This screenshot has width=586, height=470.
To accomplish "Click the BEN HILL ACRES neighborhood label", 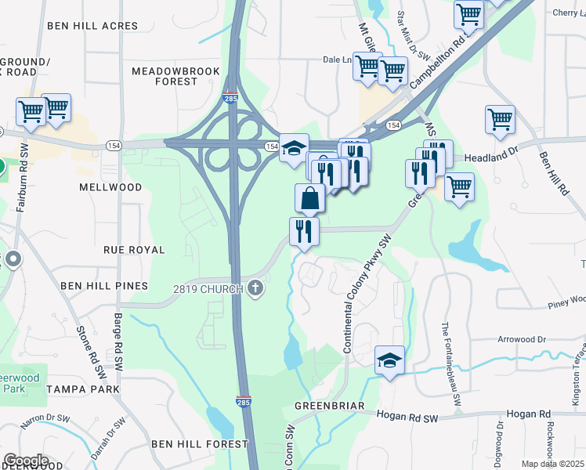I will click(x=92, y=26).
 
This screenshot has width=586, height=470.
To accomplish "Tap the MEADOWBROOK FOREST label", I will click(x=175, y=76).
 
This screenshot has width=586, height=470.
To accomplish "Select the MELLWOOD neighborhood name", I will click(x=110, y=188).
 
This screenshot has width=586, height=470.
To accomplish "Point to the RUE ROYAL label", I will click(x=134, y=250).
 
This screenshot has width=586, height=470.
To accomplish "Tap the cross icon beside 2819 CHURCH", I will click(x=254, y=289).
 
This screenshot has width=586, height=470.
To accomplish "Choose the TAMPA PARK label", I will click(x=82, y=389).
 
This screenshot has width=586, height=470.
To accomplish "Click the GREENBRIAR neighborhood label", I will click(x=330, y=407).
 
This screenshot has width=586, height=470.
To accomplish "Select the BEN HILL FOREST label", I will click(x=200, y=444).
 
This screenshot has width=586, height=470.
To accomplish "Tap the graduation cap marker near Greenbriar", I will click(x=389, y=360).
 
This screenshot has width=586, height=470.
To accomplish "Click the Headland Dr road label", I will click(x=492, y=157).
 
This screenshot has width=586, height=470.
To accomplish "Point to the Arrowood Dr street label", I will click(x=521, y=339).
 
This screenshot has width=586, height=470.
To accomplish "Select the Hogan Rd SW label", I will click(x=406, y=418).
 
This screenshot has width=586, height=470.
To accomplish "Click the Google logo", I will click(x=26, y=461).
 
